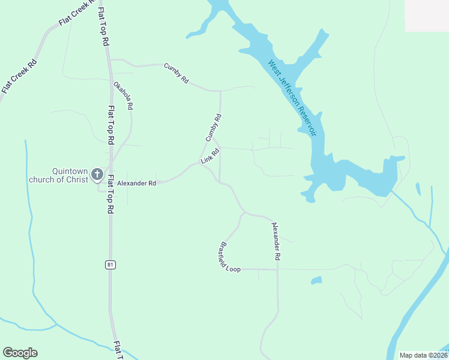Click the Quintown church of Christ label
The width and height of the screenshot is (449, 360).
(58, 175)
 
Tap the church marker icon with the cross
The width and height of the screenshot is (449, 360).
(97, 176)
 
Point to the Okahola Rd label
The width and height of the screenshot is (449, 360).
(123, 95)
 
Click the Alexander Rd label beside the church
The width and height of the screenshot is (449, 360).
(136, 183)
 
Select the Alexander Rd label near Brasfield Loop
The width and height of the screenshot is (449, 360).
(276, 241)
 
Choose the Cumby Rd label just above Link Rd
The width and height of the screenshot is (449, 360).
(213, 128)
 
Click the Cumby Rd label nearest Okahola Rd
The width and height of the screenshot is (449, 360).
(176, 72)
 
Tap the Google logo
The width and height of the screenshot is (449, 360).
(20, 353)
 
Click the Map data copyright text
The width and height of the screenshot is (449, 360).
(423, 355)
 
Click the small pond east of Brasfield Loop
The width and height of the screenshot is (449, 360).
(316, 280)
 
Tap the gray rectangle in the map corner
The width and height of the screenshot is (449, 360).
(427, 16)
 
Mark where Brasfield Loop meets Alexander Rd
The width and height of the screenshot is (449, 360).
(277, 269)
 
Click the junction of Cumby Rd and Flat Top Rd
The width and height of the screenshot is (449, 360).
(110, 60)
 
